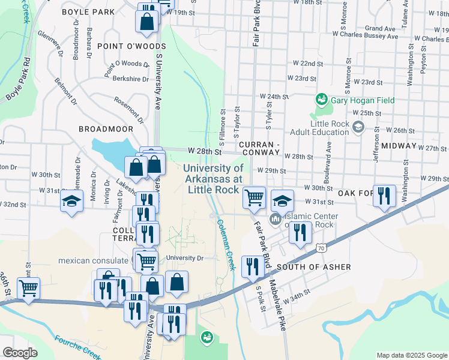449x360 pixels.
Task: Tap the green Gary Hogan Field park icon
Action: (321, 100)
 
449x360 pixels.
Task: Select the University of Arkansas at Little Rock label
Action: (214, 179)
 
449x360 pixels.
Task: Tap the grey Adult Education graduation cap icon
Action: (358, 127)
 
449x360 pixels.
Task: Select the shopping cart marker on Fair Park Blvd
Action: (255, 196)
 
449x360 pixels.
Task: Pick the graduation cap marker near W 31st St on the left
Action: (71, 200)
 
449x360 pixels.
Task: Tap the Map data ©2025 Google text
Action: (411, 355)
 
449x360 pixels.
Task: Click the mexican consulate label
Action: (95, 260)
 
